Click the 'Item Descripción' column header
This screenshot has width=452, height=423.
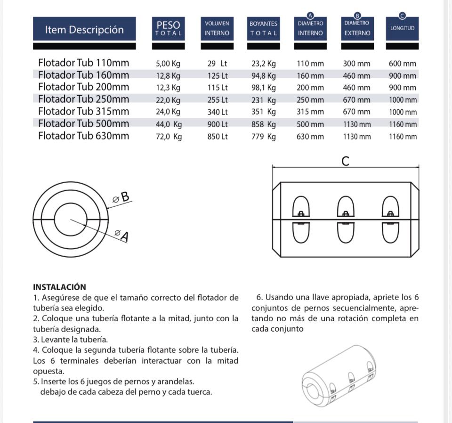coord(84,29)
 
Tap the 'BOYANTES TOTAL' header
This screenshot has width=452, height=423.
coord(263,28)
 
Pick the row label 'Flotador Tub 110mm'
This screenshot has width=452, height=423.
coord(83,63)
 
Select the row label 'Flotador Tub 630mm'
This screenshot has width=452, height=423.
coord(83,136)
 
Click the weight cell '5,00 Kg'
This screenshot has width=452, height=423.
coord(168,64)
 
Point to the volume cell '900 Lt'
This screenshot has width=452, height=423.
coord(217,124)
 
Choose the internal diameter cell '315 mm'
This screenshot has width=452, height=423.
coord(310,112)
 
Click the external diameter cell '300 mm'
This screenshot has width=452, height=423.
coord(356,64)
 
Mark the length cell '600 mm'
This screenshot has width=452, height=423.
coord(403,64)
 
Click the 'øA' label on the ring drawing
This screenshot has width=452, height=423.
coord(121,235)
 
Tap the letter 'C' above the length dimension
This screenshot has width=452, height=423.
coord(345,162)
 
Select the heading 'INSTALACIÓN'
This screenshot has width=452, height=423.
coord(60,287)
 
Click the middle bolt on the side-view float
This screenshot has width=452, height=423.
coord(346,214)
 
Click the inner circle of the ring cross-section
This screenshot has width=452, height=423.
coord(71,220)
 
